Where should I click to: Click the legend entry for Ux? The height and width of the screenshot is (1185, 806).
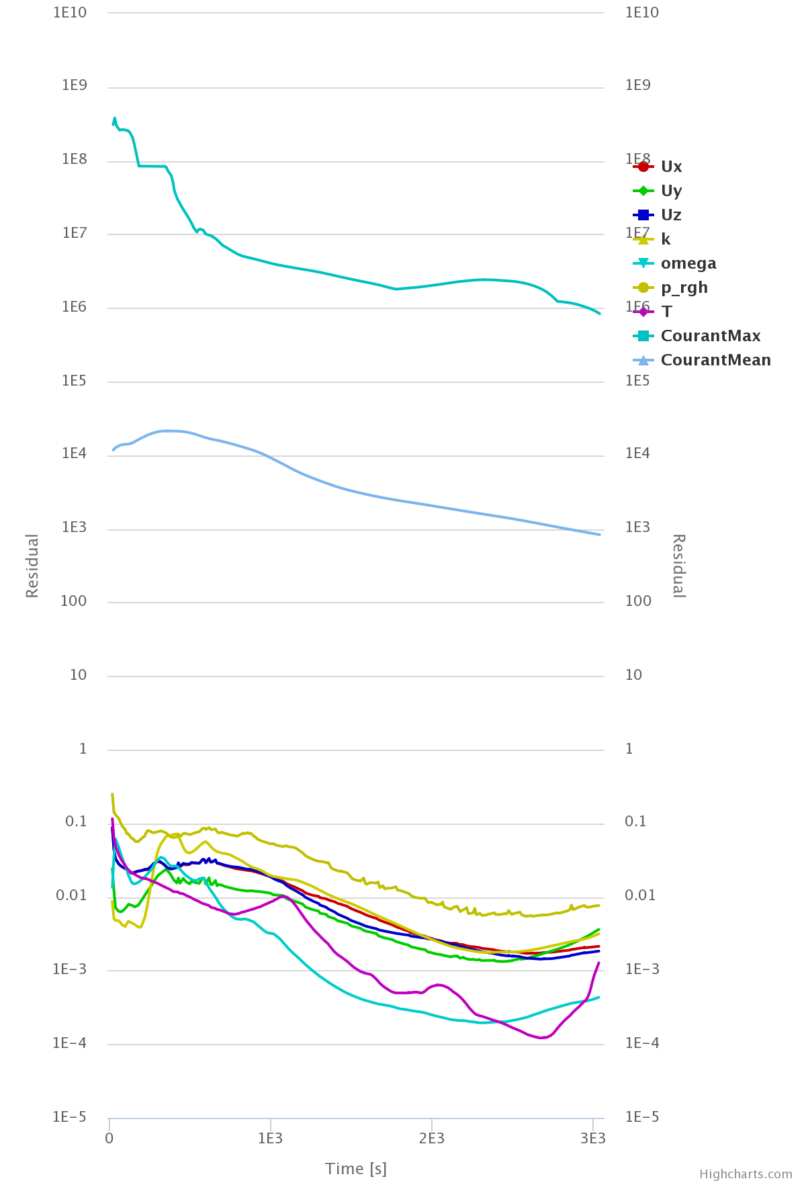671,167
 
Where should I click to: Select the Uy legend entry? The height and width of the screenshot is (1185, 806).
671,191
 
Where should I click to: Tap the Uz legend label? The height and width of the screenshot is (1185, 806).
671,215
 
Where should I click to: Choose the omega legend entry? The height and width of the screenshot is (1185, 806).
688,263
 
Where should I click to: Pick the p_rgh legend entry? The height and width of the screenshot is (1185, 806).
684,288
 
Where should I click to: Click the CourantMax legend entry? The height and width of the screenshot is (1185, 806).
710,336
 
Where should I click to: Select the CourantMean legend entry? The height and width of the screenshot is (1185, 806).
715,360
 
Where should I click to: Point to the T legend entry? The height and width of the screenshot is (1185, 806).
666,312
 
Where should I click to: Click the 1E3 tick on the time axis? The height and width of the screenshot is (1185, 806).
270,1138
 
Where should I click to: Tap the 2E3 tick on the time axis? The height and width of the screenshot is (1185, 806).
431,1138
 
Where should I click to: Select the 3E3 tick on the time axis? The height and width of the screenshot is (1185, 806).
592,1138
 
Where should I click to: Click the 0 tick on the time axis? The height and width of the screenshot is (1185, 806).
109,1138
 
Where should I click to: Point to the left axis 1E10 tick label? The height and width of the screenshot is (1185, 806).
70,12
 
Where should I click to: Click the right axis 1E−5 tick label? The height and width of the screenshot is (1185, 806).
641,1116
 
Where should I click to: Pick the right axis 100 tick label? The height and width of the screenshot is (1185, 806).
637,601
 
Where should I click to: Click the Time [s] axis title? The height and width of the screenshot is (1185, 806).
356,1169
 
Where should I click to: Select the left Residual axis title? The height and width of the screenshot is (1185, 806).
32,566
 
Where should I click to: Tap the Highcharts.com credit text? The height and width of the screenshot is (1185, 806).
746,1174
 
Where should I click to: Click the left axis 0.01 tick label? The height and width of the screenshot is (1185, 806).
72,895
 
